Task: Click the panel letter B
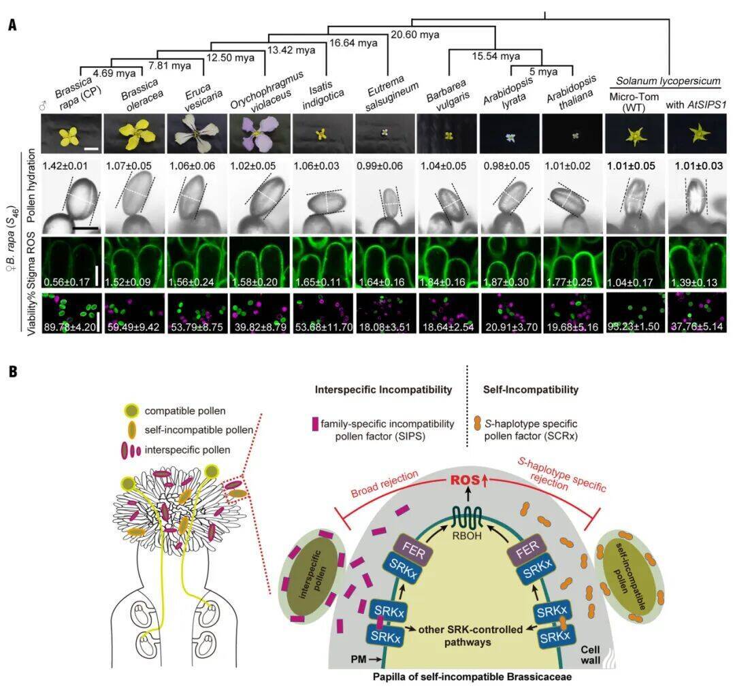pyautogui.click(x=14, y=373)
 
